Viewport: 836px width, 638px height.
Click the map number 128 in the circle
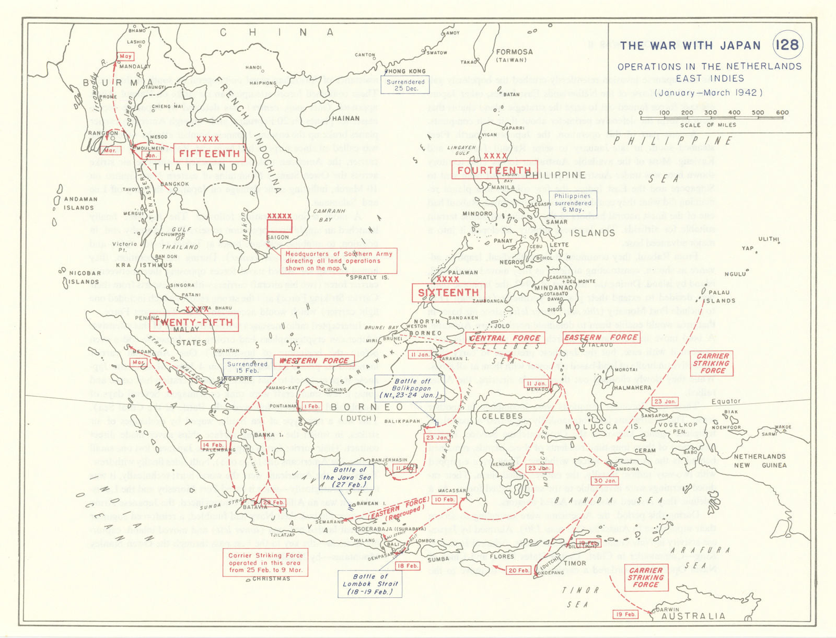pyautogui.click(x=787, y=44)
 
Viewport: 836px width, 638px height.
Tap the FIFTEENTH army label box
pyautogui.click(x=209, y=153)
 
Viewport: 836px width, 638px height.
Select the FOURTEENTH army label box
pyautogui.click(x=493, y=170)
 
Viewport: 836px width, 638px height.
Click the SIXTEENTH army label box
pyautogui.click(x=448, y=293)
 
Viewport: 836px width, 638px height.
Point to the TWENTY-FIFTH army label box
pyautogui.click(x=194, y=322)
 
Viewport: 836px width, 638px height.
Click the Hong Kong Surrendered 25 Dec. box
pyautogui.click(x=405, y=85)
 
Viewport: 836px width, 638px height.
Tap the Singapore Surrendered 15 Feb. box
pyautogui.click(x=247, y=367)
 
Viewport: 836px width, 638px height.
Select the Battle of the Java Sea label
pyautogui.click(x=346, y=477)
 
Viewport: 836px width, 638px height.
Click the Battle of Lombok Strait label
pyautogui.click(x=370, y=584)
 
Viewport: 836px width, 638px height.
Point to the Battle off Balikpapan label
pyautogui.click(x=411, y=388)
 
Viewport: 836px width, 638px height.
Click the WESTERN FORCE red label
pyautogui.click(x=313, y=361)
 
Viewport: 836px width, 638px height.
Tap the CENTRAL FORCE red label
pyautogui.click(x=505, y=338)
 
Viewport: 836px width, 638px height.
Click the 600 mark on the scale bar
pyautogui.click(x=782, y=112)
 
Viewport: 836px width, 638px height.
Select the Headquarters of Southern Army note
pyautogui.click(x=339, y=261)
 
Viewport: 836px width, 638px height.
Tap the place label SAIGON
pyautogui.click(x=277, y=237)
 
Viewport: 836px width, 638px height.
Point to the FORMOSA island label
pyautogui.click(x=514, y=52)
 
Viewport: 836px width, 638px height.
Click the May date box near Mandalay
pyautogui.click(x=126, y=56)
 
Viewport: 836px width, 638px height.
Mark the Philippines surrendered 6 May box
pyautogui.click(x=573, y=203)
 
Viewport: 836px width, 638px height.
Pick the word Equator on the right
pyautogui.click(x=726, y=401)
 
